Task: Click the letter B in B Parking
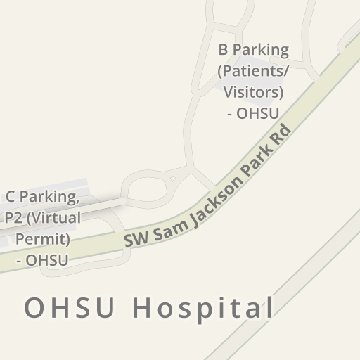(x=224, y=50)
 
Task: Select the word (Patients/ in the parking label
(x=253, y=71)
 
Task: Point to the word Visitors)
(x=253, y=92)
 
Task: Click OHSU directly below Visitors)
(x=258, y=113)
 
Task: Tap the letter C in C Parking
(x=11, y=197)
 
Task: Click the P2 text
(x=13, y=218)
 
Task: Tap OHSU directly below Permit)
(x=46, y=260)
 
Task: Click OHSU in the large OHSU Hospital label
(x=70, y=308)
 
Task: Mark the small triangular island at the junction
(x=174, y=179)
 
